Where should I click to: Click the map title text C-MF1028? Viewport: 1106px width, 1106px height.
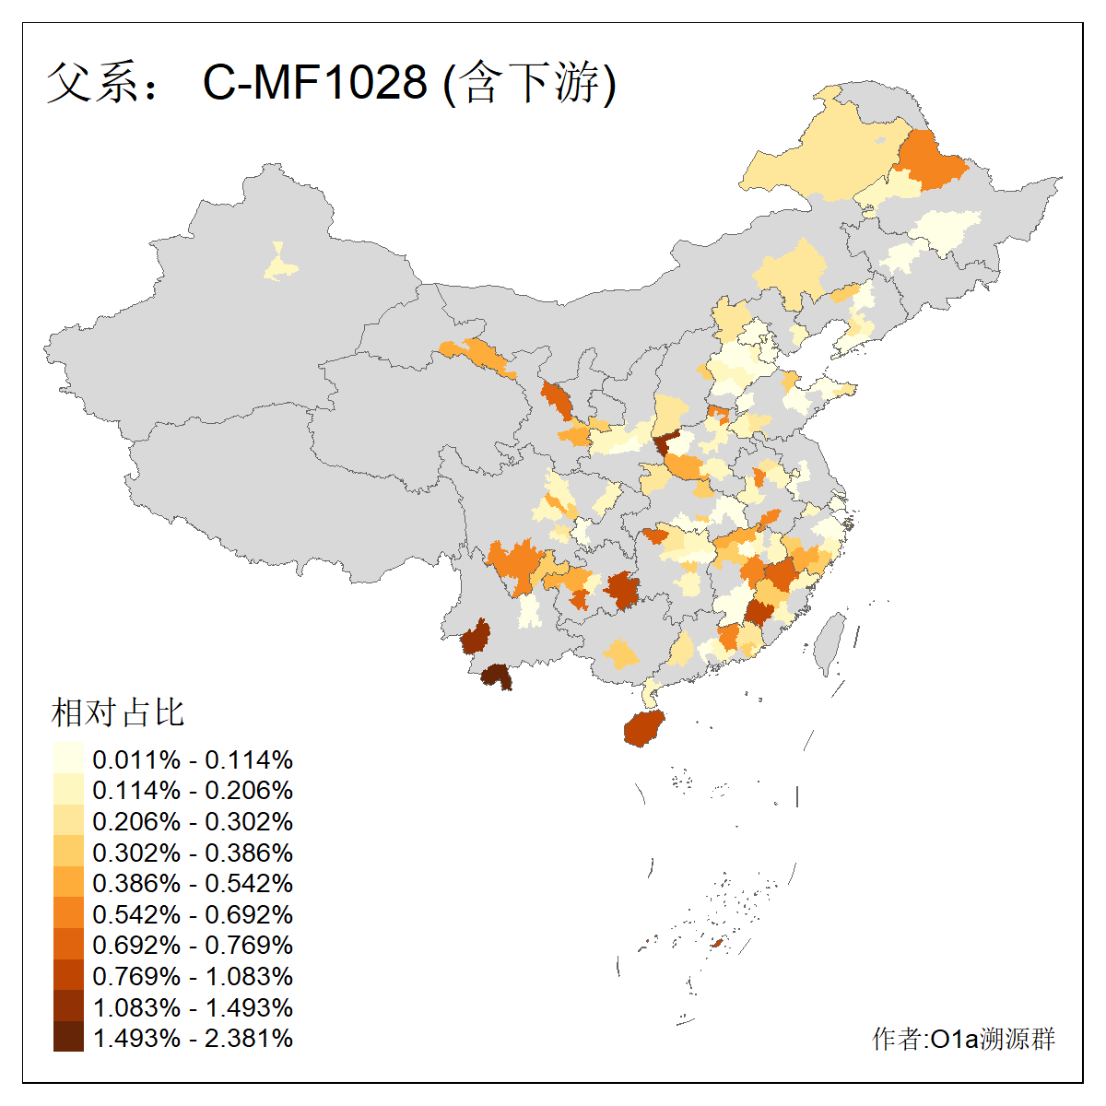(x=315, y=82)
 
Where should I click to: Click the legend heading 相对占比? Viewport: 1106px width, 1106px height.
(x=118, y=712)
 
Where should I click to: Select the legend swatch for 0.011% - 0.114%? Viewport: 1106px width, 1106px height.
(x=68, y=759)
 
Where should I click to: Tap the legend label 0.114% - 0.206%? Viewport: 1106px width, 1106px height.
(x=193, y=791)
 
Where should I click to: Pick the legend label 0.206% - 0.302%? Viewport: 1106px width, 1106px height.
(x=193, y=822)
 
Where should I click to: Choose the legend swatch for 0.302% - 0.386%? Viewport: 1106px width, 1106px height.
(x=68, y=853)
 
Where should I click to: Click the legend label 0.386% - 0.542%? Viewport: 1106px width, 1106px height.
(x=193, y=884)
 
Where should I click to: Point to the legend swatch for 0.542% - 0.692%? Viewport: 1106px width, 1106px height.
(x=68, y=914)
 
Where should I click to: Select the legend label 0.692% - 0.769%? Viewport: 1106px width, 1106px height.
(x=193, y=946)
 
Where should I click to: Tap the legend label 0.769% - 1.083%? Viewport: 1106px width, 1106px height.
(x=193, y=977)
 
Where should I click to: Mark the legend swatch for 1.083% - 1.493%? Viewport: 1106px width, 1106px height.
(x=68, y=1007)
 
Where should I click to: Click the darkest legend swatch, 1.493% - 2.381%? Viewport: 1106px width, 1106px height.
(x=68, y=1038)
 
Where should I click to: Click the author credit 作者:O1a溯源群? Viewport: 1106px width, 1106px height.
(x=963, y=1040)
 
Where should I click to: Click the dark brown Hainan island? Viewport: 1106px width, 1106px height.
(x=643, y=728)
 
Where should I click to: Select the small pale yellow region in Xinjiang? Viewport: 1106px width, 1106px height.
(x=280, y=265)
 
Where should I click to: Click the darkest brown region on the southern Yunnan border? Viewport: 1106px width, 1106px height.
(x=497, y=677)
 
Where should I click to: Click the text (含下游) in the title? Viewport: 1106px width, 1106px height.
(x=530, y=82)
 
